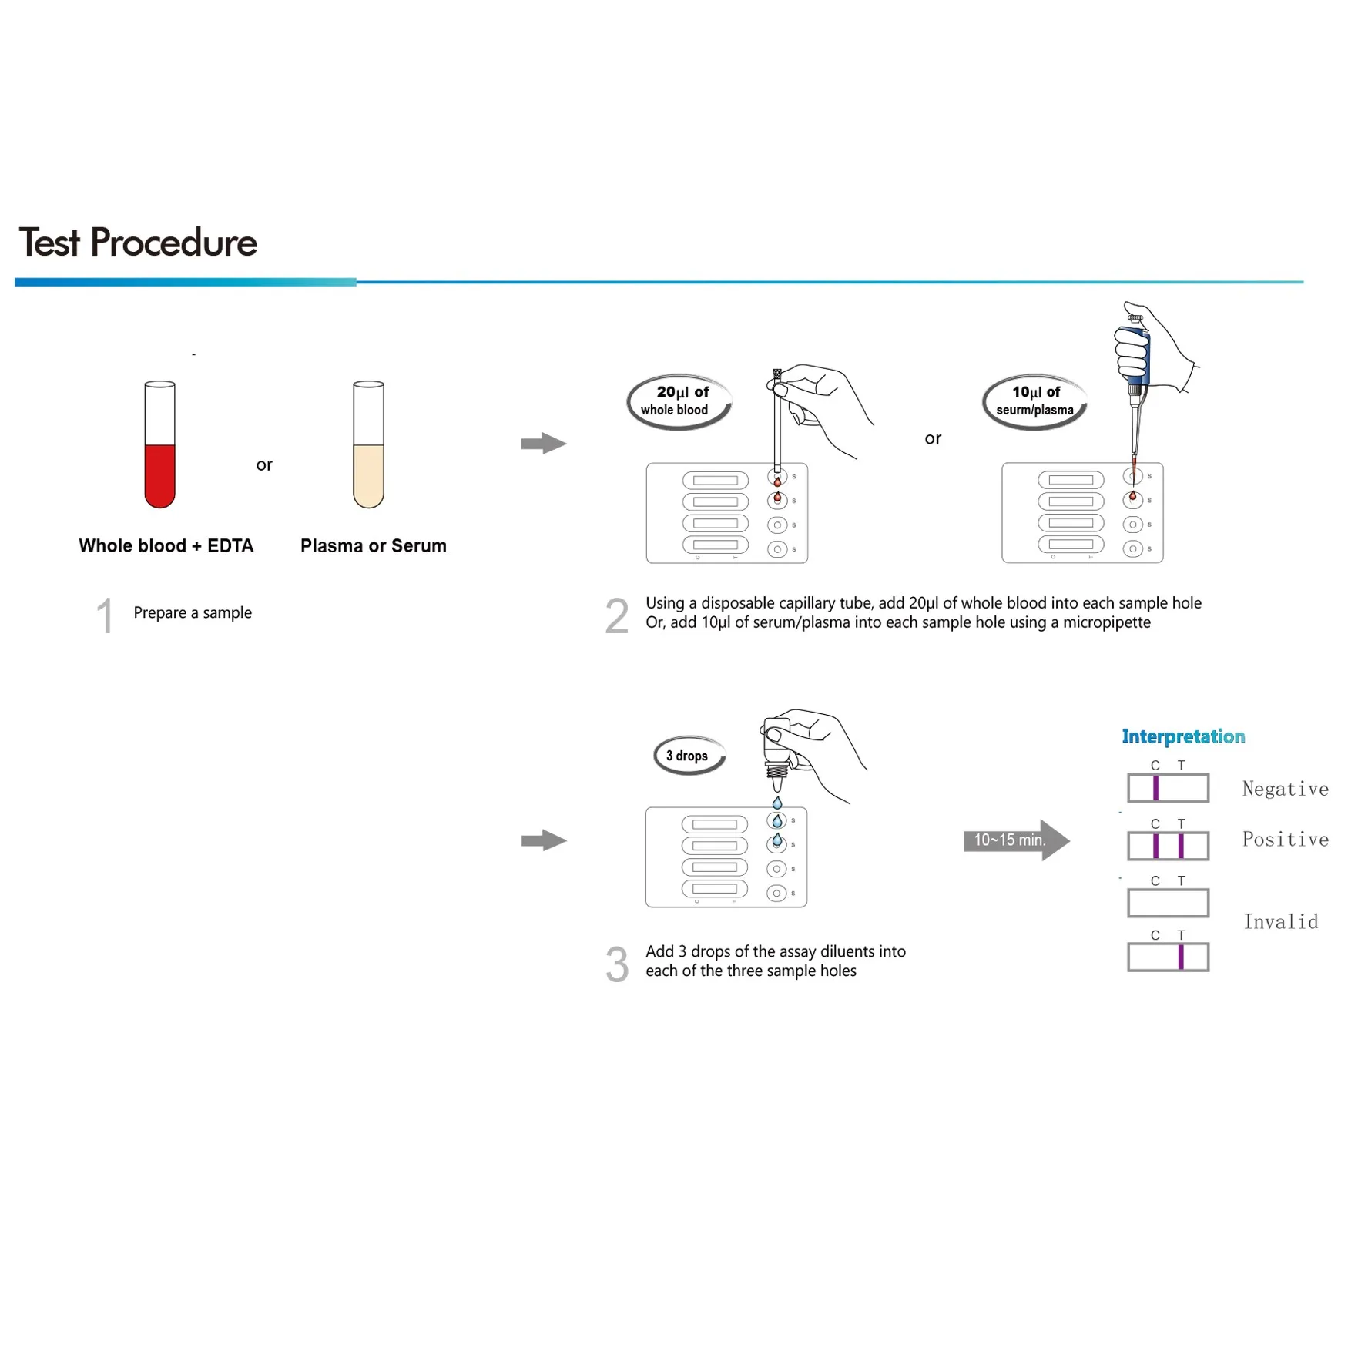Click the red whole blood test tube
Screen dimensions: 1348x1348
pyautogui.click(x=159, y=445)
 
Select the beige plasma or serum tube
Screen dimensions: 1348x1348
pyautogui.click(x=368, y=445)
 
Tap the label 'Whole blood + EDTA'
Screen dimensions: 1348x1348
pyautogui.click(x=166, y=546)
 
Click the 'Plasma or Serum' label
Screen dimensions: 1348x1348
pyautogui.click(x=374, y=546)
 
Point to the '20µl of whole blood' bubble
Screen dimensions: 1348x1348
pyautogui.click(x=678, y=401)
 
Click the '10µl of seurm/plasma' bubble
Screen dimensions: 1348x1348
pyautogui.click(x=1034, y=401)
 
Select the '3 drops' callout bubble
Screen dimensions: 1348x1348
pyautogui.click(x=689, y=756)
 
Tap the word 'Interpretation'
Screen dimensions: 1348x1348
pyautogui.click(x=1183, y=736)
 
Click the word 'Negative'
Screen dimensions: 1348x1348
pyautogui.click(x=1285, y=789)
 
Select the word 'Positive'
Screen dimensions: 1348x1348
pyautogui.click(x=1285, y=839)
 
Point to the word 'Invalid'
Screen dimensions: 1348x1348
pyautogui.click(x=1281, y=921)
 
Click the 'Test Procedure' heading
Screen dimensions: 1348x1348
pyautogui.click(x=138, y=243)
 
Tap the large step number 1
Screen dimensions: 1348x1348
pyautogui.click(x=105, y=616)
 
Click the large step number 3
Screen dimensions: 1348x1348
pyautogui.click(x=616, y=964)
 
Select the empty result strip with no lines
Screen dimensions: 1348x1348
pyautogui.click(x=1168, y=903)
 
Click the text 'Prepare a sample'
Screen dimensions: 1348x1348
pyautogui.click(x=193, y=612)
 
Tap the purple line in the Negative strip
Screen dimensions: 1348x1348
pyautogui.click(x=1155, y=788)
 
